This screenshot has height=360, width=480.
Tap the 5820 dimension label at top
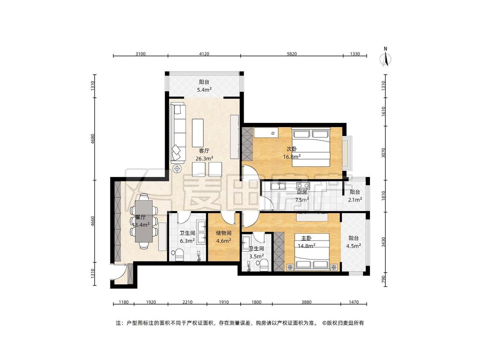(291, 54)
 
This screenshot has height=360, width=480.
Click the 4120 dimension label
(204, 54)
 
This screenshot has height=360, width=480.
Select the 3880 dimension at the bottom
(306, 302)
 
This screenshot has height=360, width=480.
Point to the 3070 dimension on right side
(384, 153)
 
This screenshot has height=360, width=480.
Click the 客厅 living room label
(204, 151)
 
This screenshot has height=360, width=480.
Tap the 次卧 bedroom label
(292, 149)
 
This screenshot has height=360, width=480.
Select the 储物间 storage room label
(224, 233)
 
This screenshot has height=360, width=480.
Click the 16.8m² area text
(292, 157)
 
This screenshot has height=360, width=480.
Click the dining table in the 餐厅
(144, 221)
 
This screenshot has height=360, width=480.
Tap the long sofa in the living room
(178, 133)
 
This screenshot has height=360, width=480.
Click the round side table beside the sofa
(177, 168)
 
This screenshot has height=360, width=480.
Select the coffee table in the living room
(198, 133)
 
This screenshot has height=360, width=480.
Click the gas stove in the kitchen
(303, 185)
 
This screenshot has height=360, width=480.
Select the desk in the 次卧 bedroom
(266, 133)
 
